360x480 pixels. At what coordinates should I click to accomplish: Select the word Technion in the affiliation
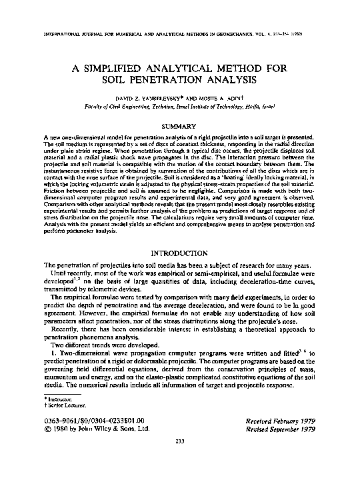(x=168, y=106)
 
